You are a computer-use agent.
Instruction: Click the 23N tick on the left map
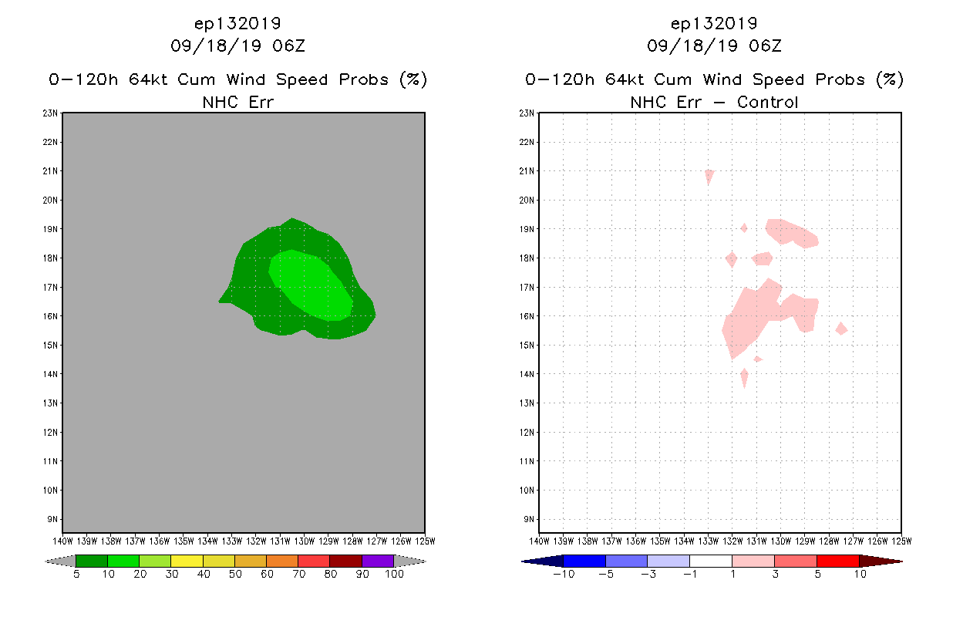(51, 113)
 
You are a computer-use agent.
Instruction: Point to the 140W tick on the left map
(62, 541)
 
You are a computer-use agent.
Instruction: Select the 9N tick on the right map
(530, 519)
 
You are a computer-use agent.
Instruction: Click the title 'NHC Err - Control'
(714, 102)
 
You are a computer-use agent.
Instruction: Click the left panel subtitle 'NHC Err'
(237, 102)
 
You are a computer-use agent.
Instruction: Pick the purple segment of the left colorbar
(377, 561)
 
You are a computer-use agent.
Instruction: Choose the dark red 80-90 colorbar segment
(345, 561)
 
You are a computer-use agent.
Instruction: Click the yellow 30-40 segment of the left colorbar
(187, 561)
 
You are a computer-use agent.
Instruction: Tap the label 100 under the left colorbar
(394, 575)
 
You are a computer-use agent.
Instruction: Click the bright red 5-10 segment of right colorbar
(837, 561)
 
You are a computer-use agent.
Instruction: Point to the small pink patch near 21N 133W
(709, 175)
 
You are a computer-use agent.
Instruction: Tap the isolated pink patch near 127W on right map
(842, 329)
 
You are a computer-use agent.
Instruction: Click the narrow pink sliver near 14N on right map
(744, 378)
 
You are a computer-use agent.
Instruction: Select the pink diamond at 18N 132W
(732, 259)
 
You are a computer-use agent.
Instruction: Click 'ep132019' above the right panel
(714, 24)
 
